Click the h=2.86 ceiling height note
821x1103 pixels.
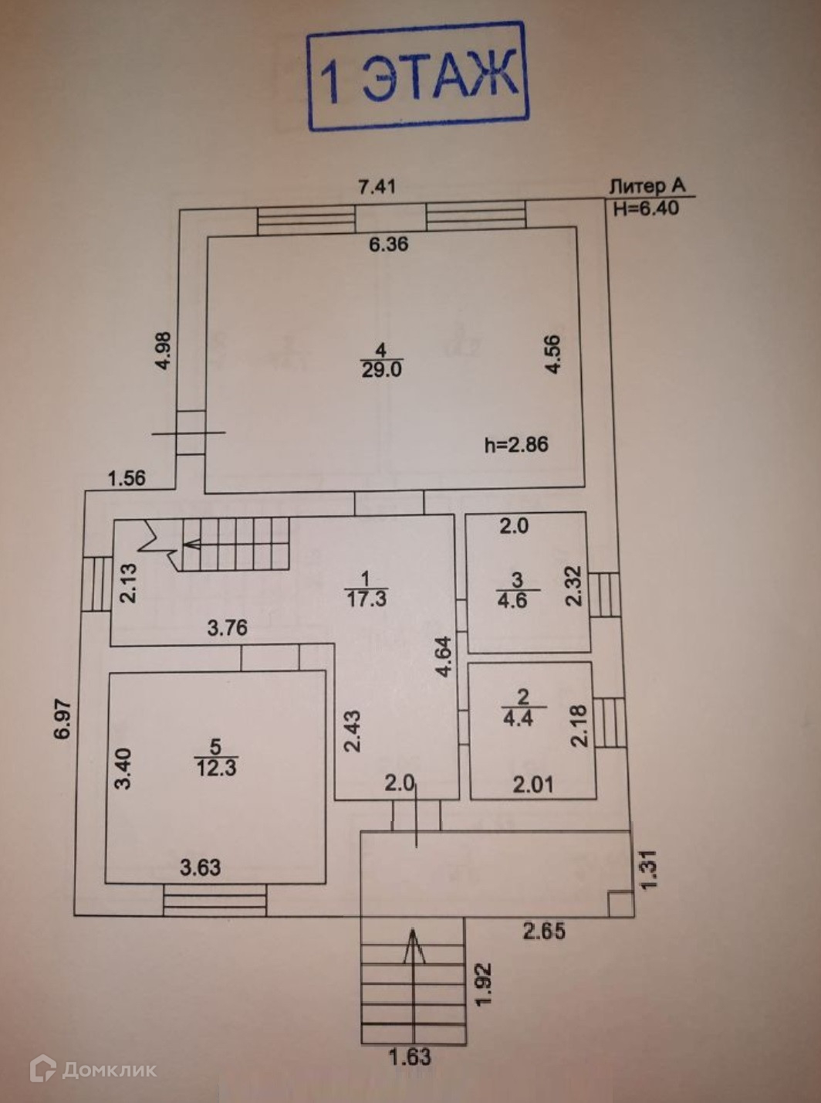pyautogui.click(x=516, y=444)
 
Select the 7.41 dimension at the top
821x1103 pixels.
pyautogui.click(x=377, y=187)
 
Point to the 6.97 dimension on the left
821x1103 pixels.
pyautogui.click(x=64, y=719)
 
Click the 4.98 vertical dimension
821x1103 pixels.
pyautogui.click(x=164, y=351)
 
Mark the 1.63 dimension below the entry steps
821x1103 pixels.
pyautogui.click(x=410, y=1056)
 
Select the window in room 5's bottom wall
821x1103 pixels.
pyautogui.click(x=215, y=900)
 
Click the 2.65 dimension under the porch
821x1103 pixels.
pyautogui.click(x=544, y=931)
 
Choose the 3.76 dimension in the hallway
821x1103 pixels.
pyautogui.click(x=228, y=627)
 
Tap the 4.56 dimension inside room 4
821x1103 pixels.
pyautogui.click(x=553, y=355)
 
